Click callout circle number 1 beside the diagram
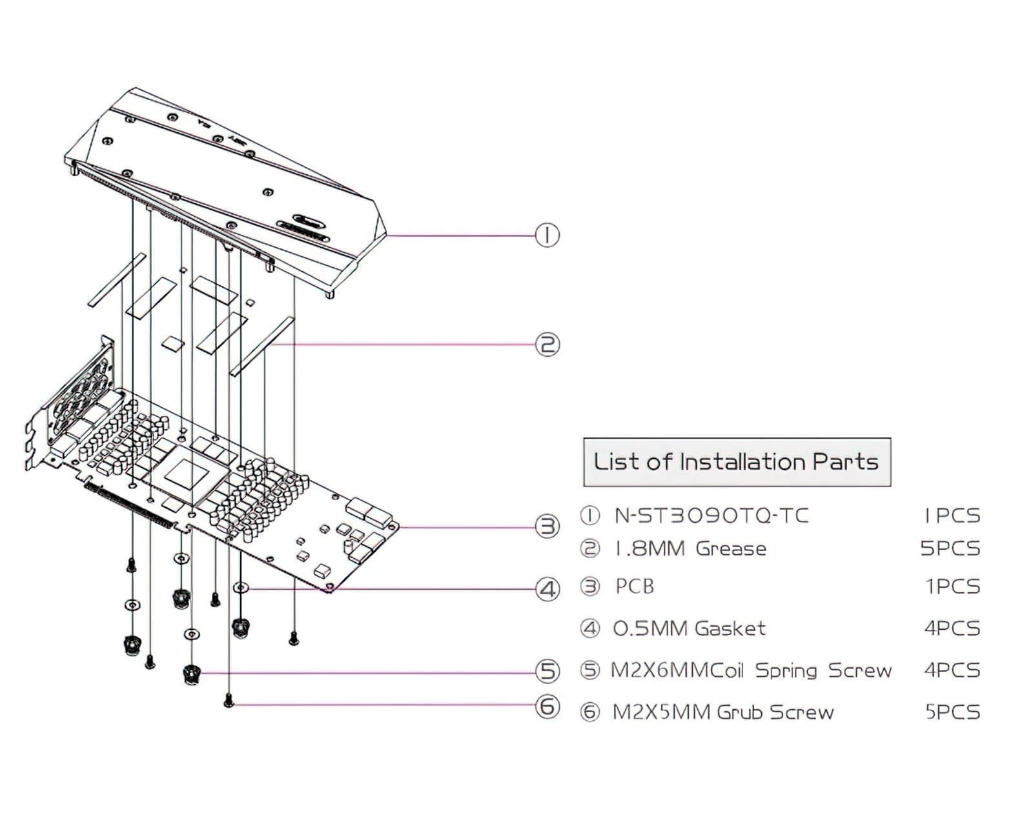[547, 235]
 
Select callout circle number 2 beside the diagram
[547, 345]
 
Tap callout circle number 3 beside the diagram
[547, 527]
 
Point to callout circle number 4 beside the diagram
[547, 589]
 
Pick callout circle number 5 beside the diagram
[547, 671]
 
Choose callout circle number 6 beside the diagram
[547, 706]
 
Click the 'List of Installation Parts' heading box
[737, 462]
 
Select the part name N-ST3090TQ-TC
[711, 516]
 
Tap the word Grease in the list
[731, 549]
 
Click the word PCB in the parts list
[634, 586]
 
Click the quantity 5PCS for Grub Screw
[952, 712]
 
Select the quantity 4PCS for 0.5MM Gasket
[952, 628]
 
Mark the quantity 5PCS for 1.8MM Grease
[950, 549]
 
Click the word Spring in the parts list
[786, 671]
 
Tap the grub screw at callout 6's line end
[228, 701]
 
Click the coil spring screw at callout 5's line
[192, 674]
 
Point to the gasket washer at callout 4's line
[241, 588]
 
